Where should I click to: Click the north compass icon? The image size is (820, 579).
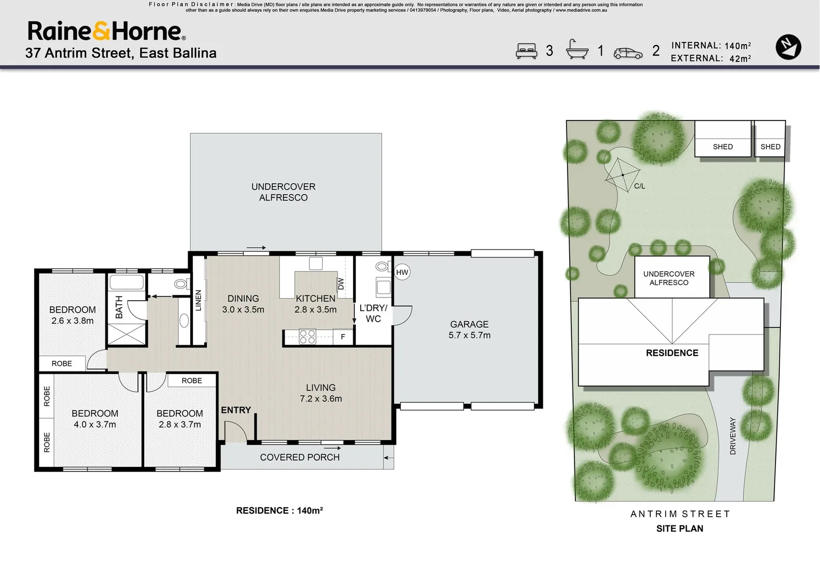(788, 47)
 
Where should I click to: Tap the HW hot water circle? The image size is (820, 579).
(402, 272)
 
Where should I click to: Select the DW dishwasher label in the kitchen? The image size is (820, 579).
(341, 284)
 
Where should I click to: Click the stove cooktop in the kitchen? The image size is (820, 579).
(307, 337)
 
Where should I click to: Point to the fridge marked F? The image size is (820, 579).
(343, 337)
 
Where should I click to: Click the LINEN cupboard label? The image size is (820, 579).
(198, 300)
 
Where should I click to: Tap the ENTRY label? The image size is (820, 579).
(236, 410)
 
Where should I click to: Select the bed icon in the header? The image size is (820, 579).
(526, 51)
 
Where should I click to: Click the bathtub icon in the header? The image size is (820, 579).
(577, 50)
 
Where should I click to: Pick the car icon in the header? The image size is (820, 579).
(628, 53)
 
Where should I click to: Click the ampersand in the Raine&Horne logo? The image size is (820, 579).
(101, 32)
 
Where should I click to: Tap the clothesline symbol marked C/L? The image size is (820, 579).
(623, 175)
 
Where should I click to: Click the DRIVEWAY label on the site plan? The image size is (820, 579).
(733, 436)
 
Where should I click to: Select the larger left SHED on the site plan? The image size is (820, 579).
(722, 139)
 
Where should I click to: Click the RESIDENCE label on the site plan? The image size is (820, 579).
(672, 353)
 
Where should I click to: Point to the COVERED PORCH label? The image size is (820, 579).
(300, 457)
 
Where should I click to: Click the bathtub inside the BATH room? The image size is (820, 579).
(126, 283)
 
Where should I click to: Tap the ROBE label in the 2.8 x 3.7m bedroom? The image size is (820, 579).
(191, 381)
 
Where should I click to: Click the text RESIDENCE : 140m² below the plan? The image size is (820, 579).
(279, 511)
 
